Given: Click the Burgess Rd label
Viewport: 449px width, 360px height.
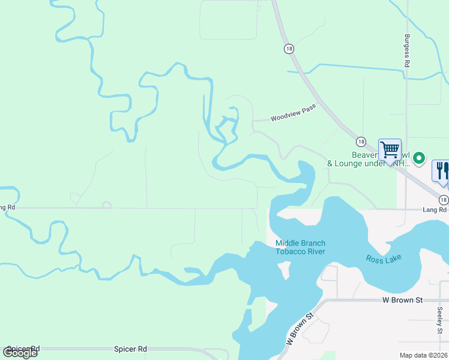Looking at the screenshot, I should tap(407, 50).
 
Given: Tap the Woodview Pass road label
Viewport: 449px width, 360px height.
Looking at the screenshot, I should tap(293, 115).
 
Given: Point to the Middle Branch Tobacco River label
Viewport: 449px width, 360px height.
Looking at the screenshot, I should tap(300, 247).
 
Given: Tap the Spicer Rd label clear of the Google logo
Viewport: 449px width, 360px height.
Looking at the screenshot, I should tap(130, 349).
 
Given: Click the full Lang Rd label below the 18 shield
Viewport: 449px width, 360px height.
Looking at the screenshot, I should tap(435, 209).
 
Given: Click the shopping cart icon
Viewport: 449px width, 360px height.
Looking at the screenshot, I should tap(390, 149).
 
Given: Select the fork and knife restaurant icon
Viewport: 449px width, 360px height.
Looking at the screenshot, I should tap(442, 170).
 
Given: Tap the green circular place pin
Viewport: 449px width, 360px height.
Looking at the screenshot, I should tap(419, 158).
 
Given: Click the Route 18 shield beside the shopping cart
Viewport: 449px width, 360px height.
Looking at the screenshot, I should tap(360, 142).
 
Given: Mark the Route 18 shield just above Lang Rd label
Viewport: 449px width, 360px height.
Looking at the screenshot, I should tap(442, 199).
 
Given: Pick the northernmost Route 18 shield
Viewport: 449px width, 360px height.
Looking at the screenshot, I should tap(289, 49).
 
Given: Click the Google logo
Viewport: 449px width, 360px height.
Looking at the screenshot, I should tap(20, 353).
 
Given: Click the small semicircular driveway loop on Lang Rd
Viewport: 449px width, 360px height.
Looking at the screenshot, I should tap(106, 205).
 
